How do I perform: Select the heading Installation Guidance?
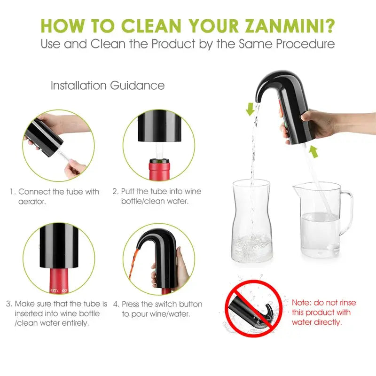click(x=108, y=86)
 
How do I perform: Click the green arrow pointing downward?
click(x=250, y=109)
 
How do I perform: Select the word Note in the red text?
click(x=301, y=303)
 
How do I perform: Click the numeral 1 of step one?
click(x=13, y=192)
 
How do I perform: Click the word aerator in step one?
click(x=32, y=202)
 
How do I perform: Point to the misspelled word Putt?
click(x=128, y=191)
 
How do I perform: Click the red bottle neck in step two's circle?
click(x=159, y=170)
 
